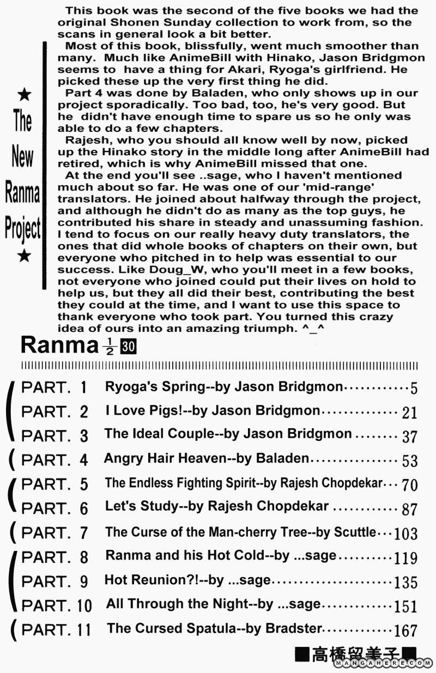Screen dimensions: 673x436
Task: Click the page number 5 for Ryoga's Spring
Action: (414, 389)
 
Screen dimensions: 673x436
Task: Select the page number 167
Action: (405, 630)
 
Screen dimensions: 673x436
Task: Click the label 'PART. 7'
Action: (54, 532)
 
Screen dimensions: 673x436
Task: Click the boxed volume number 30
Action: (129, 347)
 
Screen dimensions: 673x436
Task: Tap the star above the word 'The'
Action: (24, 96)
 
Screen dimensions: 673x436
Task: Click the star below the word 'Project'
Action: (24, 256)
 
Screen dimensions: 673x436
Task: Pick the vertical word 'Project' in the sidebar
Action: (23, 228)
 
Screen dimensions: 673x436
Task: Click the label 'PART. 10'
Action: (56, 605)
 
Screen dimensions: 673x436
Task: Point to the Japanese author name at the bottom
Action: (355, 654)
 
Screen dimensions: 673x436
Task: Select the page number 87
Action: (409, 510)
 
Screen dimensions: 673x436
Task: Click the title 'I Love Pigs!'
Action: (142, 410)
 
